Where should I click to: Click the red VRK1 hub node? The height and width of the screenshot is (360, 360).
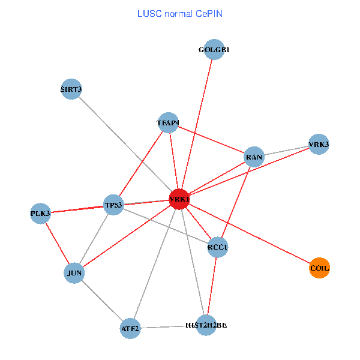pyautogui.click(x=179, y=199)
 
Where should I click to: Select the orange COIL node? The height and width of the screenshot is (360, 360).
pyautogui.click(x=319, y=268)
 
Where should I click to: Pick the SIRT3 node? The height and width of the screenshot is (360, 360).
pyautogui.click(x=71, y=89)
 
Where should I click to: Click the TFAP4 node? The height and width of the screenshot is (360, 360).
pyautogui.click(x=168, y=123)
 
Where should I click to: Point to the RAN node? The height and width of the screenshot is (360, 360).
pyautogui.click(x=254, y=158)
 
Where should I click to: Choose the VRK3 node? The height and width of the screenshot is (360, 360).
pyautogui.click(x=319, y=145)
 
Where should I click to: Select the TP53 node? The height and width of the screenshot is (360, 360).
pyautogui.click(x=113, y=205)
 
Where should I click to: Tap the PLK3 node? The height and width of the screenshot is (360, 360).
pyautogui.click(x=40, y=213)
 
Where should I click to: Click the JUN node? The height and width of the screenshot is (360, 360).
pyautogui.click(x=74, y=274)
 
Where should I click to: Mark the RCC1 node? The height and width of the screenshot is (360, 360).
pyautogui.click(x=218, y=247)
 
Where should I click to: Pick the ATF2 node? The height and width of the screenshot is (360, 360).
pyautogui.click(x=130, y=329)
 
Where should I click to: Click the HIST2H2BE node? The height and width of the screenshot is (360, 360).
pyautogui.click(x=206, y=325)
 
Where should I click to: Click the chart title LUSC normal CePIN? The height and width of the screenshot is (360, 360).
pyautogui.click(x=179, y=13)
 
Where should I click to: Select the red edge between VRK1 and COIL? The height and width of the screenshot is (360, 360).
pyautogui.click(x=249, y=233)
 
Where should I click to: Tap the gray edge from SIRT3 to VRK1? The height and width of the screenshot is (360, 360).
pyautogui.click(x=125, y=144)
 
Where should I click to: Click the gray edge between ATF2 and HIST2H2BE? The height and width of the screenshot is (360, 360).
pyautogui.click(x=168, y=327)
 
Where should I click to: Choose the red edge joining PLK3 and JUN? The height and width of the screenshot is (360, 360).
pyautogui.click(x=57, y=243)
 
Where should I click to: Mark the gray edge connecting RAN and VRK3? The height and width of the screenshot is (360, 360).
pyautogui.click(x=286, y=151)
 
